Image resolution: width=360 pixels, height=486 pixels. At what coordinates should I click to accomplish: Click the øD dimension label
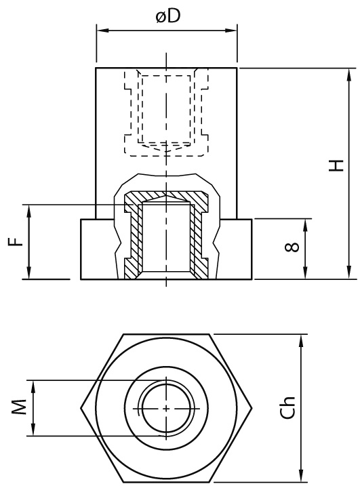167,16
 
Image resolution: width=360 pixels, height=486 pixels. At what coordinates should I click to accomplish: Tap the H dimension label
336,165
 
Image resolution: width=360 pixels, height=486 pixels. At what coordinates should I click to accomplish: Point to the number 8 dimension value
292,247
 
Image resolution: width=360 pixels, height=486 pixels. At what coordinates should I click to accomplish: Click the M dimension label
19,407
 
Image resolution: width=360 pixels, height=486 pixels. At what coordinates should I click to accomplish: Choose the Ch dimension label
287,408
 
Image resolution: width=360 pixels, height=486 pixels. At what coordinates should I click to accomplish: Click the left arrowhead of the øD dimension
102,31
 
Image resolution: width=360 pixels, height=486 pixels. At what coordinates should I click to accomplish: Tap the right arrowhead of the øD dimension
231,31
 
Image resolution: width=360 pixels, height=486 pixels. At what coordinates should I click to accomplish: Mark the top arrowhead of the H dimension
349,75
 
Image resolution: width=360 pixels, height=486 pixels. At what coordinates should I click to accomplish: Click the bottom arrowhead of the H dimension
349,272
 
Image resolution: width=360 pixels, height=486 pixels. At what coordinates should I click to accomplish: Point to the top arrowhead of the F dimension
29,211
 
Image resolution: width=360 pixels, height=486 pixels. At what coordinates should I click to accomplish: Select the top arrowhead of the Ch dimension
300,341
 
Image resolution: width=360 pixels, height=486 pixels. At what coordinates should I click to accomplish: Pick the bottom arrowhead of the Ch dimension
300,476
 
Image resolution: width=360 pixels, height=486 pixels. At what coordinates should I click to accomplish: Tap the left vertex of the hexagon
81,409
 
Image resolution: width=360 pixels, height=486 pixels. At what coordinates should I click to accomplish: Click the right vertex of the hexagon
252,409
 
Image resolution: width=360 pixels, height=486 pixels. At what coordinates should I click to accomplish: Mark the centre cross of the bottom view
167,409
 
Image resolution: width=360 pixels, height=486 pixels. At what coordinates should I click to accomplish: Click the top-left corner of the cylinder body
96,68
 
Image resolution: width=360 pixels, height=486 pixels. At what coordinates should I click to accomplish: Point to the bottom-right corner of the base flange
252,279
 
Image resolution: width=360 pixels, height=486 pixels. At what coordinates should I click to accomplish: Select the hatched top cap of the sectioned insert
167,196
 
